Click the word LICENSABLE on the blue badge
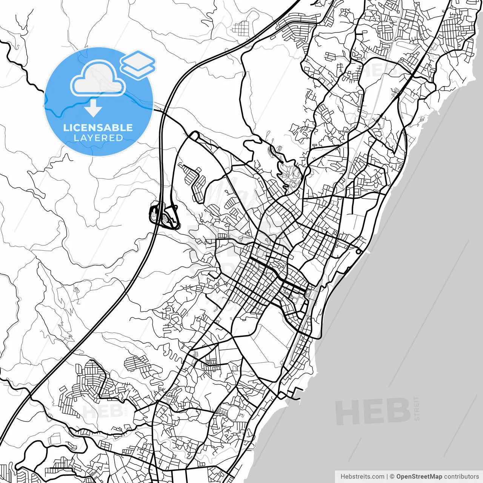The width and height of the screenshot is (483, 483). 98,128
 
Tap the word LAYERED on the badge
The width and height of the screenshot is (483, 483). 98,138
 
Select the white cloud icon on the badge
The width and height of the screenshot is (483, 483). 98,78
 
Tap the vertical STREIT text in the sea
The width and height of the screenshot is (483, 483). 417,408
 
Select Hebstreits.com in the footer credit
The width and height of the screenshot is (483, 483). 362,477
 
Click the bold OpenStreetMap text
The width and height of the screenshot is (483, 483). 419,477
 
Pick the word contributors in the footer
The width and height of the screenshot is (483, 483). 461,477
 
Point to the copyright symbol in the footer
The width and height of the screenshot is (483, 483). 392,477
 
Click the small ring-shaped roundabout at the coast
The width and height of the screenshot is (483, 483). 358,251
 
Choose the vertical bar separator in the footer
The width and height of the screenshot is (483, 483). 387,477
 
